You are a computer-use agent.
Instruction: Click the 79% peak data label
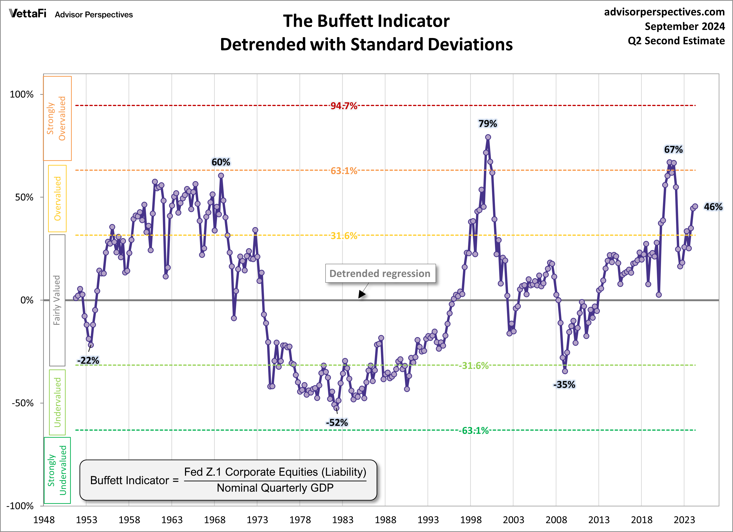pyautogui.click(x=487, y=124)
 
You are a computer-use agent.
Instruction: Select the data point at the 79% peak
pyautogui.click(x=488, y=137)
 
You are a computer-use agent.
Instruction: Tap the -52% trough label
pyautogui.click(x=337, y=422)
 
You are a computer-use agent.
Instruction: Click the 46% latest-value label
pyautogui.click(x=713, y=207)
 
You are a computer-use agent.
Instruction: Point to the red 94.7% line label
pyautogui.click(x=344, y=106)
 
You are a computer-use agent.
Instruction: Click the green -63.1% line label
pyautogui.click(x=474, y=430)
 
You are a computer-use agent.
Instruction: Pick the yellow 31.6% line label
pyautogui.click(x=344, y=236)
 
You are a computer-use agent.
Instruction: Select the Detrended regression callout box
pyautogui.click(x=380, y=273)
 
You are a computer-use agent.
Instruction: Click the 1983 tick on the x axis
pyautogui.click(x=343, y=520)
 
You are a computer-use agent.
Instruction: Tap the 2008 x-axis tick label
pyautogui.click(x=556, y=520)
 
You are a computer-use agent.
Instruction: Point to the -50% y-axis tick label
pyautogui.click(x=23, y=403)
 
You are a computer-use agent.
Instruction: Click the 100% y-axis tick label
pyautogui.click(x=22, y=95)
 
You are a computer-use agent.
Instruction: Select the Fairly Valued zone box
pyautogui.click(x=57, y=300)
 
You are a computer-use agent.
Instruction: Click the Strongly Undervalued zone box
pyautogui.click(x=57, y=470)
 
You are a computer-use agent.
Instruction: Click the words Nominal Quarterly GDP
pyautogui.click(x=275, y=488)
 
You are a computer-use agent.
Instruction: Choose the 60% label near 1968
pyautogui.click(x=221, y=162)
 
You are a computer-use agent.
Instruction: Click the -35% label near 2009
pyautogui.click(x=564, y=384)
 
